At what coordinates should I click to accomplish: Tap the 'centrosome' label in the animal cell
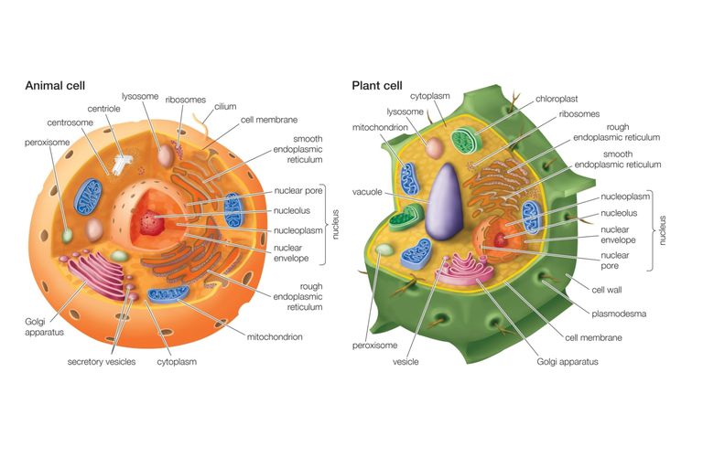click(70, 122)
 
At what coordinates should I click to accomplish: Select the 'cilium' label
click(225, 107)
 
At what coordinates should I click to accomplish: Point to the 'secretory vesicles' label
click(102, 361)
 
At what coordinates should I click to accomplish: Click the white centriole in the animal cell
click(120, 165)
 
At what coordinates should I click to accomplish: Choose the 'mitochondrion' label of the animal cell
click(275, 337)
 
